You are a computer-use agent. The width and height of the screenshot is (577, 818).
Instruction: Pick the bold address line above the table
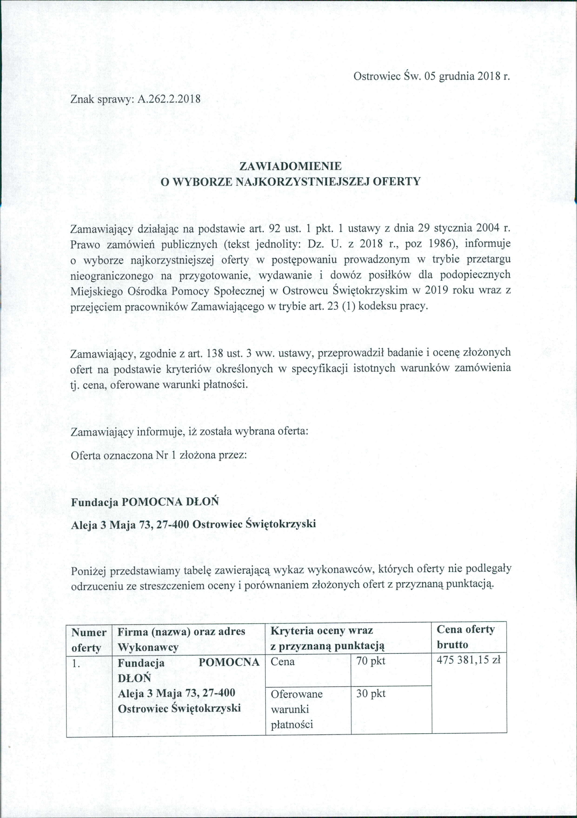pos(193,524)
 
